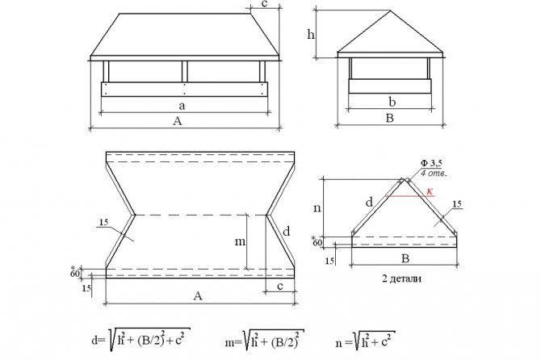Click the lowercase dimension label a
point(184,105)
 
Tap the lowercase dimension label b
point(390,103)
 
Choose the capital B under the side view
point(390,119)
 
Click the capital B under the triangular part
point(404,260)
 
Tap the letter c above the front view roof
point(265,5)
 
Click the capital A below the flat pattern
point(198,296)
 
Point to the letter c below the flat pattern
point(279,285)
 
